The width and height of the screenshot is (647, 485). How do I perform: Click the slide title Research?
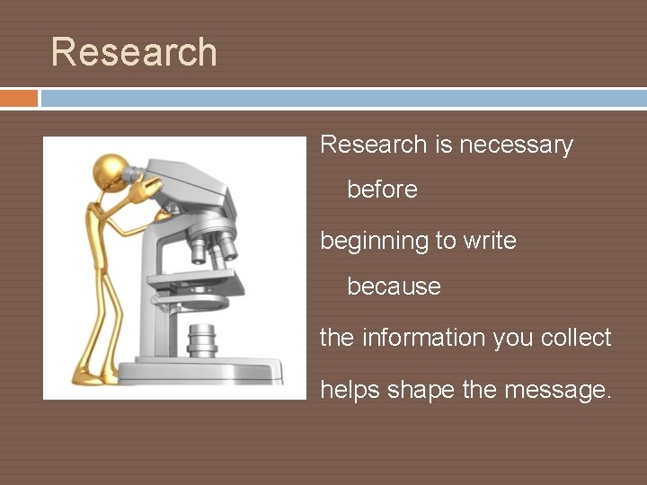click(x=134, y=52)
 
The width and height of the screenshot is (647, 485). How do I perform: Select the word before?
click(x=382, y=190)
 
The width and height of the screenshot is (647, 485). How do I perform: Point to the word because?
click(x=394, y=287)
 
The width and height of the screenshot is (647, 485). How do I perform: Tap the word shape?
click(x=420, y=390)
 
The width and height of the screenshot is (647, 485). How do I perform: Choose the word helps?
click(x=350, y=390)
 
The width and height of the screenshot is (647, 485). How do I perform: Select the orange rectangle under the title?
click(x=19, y=97)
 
